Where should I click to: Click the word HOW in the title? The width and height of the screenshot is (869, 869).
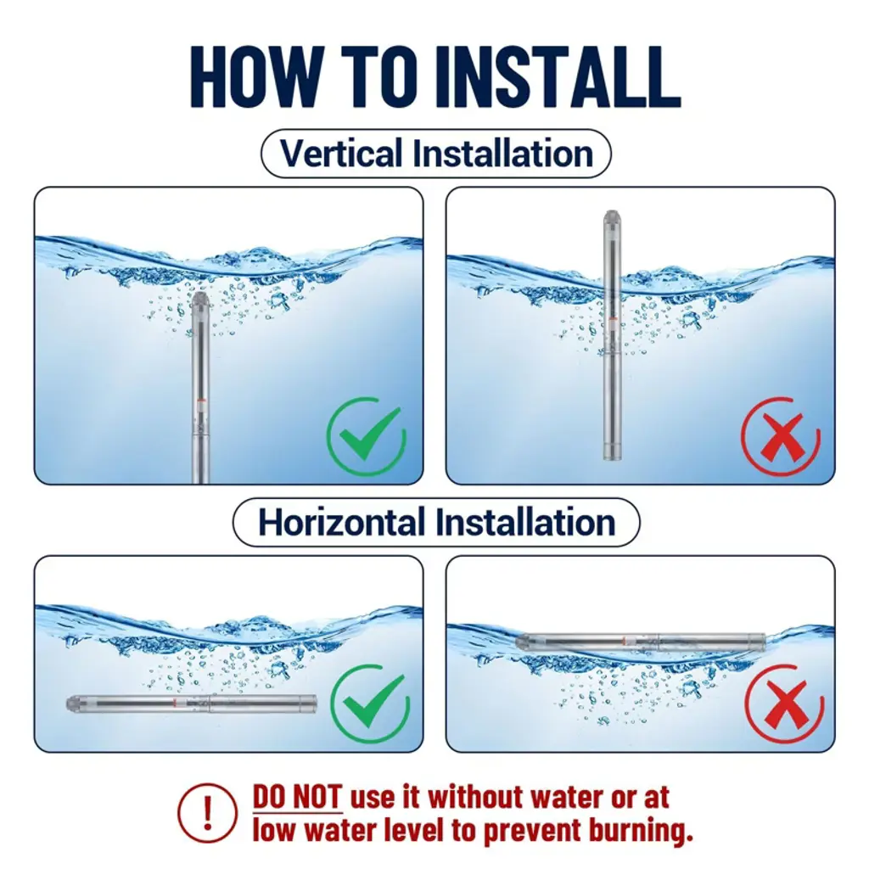259,76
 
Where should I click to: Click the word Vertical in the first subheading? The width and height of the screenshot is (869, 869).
341,153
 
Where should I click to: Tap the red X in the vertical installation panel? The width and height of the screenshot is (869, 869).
781,437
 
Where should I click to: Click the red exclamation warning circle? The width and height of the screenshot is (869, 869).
207,812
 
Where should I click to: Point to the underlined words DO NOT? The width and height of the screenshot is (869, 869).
297,797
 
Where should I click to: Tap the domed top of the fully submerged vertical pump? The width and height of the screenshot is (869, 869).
200,300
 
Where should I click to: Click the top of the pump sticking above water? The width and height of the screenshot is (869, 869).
612,217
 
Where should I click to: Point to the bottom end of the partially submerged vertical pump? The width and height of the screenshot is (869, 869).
612,456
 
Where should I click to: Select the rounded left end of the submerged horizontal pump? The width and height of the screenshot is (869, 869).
72,704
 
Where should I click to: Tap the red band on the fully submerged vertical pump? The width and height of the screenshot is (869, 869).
200,401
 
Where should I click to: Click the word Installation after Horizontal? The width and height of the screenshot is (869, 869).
524,522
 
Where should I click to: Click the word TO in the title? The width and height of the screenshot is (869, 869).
381,76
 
